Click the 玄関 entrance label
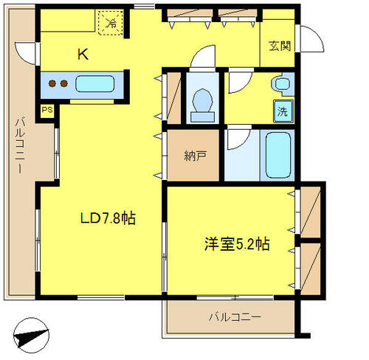280,46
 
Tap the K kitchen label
83,55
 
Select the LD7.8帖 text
108,218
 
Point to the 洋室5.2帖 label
237,243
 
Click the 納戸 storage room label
196,156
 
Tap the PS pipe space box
47,109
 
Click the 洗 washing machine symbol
283,111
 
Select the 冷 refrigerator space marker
111,22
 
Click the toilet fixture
202,105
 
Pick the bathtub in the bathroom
278,155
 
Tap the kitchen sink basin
94,84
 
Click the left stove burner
52,83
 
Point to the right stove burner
64,83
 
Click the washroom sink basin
282,84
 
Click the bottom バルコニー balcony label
235,317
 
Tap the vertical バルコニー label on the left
21,146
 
